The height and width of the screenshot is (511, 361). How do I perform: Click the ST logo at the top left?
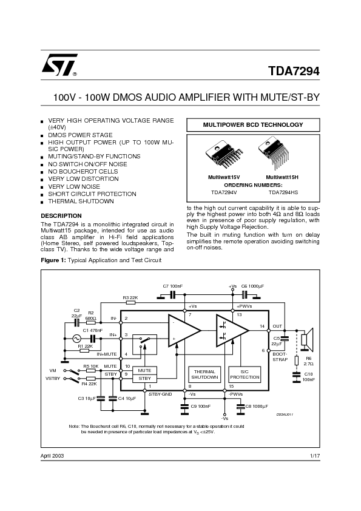(59, 65)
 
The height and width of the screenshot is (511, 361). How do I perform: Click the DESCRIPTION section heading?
(61, 215)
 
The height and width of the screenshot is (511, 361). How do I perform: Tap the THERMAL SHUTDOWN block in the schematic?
(204, 374)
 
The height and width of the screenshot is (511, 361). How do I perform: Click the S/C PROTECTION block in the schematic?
(245, 374)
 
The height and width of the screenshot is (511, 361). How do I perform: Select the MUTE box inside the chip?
(144, 370)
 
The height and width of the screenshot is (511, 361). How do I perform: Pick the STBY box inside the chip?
(144, 378)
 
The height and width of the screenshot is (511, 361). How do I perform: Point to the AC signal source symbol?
(77, 339)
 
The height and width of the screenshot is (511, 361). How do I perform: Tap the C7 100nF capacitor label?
(172, 285)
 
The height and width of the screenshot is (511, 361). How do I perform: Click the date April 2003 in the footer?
(52, 455)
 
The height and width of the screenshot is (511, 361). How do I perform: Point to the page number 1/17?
(314, 455)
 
